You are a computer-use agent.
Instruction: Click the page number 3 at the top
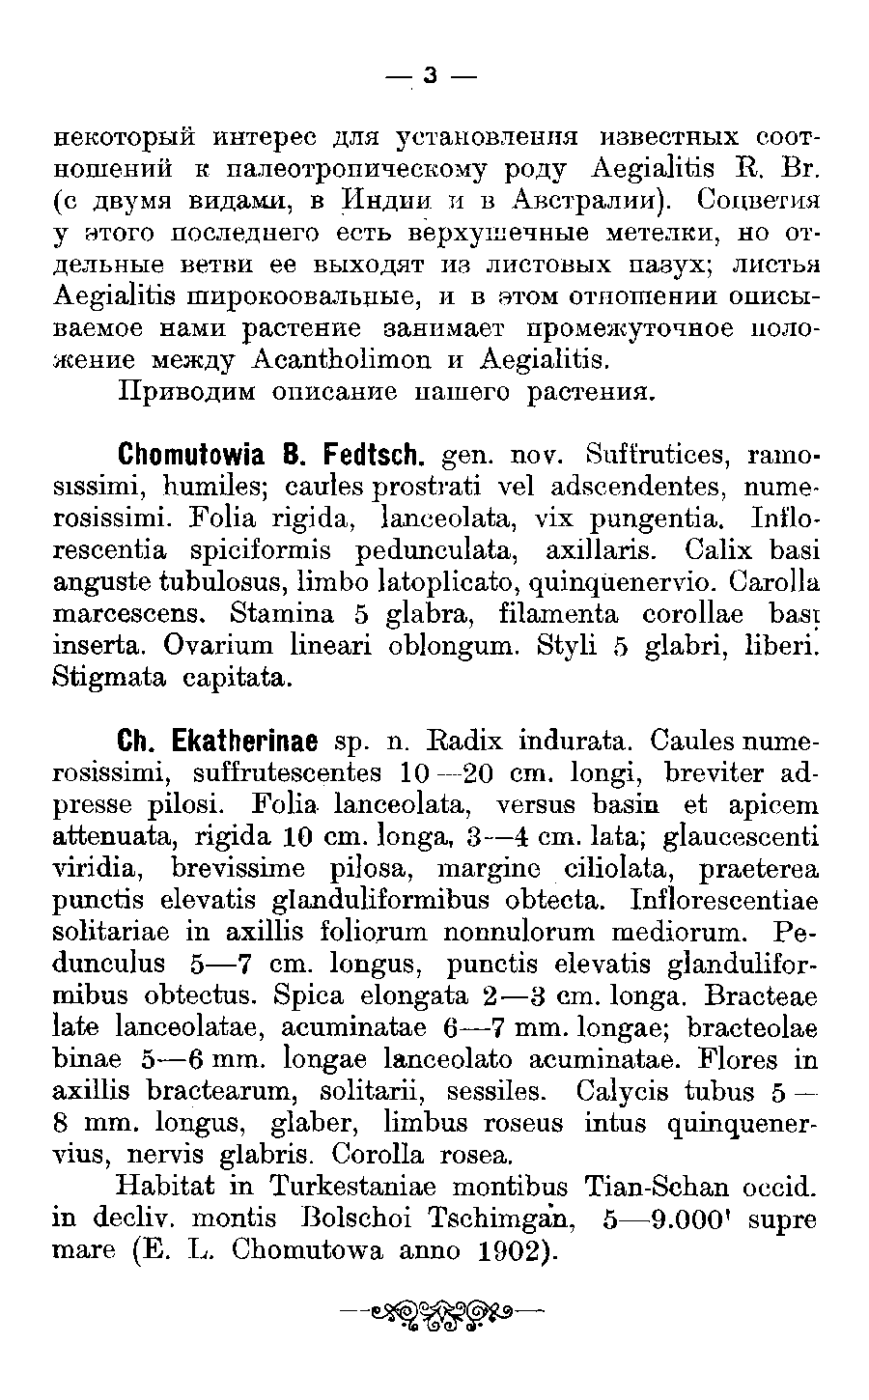432,75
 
